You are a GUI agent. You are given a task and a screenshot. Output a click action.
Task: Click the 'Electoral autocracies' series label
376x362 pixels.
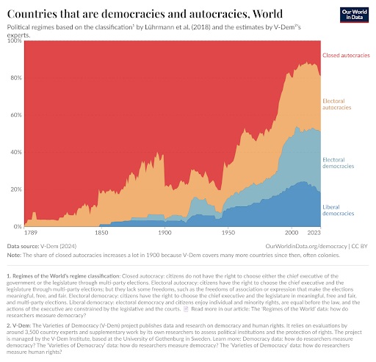pyautogui.click(x=338, y=107)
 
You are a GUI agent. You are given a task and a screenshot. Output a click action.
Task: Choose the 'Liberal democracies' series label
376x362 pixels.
pyautogui.click(x=339, y=211)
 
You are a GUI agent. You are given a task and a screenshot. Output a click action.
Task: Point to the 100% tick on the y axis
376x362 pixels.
pyautogui.click(x=14, y=41)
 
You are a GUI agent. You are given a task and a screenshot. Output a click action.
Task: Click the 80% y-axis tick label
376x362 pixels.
pyautogui.click(x=15, y=78)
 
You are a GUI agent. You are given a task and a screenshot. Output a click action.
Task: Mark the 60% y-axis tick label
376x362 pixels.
pyautogui.click(x=15, y=115)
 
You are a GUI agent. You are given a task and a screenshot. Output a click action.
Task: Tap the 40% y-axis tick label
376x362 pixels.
pyautogui.click(x=15, y=153)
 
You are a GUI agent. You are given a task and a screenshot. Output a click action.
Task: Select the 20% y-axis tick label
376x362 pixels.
pyautogui.click(x=15, y=189)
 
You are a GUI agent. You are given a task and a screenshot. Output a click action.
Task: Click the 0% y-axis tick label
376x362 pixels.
pyautogui.click(x=17, y=227)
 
